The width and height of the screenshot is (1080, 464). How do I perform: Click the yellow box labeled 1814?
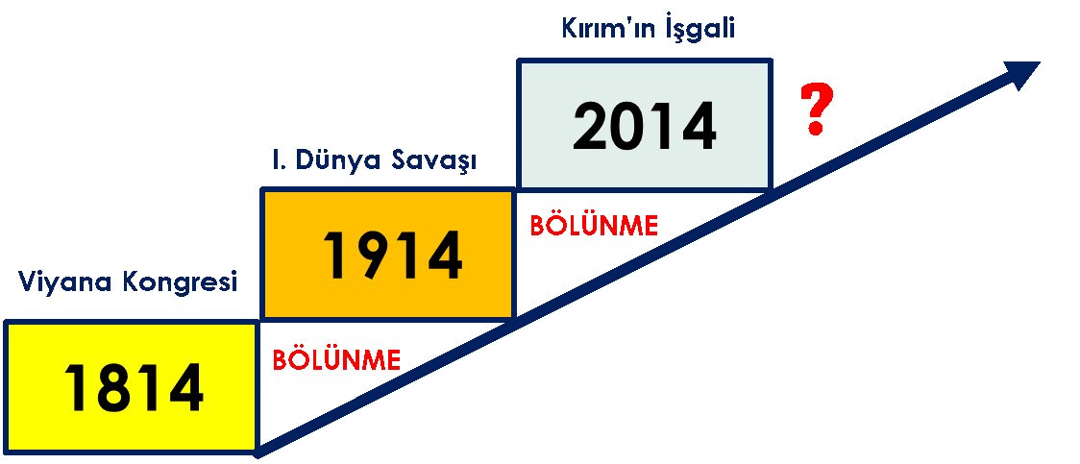point(131,387)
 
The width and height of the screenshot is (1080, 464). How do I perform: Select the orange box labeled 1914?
point(388,254)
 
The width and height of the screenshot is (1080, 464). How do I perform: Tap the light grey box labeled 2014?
point(644,125)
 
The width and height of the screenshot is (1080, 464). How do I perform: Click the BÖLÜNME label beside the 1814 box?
point(337,359)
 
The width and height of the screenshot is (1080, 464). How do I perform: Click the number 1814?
point(134,387)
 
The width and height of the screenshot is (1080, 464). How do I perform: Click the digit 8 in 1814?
point(107,387)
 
